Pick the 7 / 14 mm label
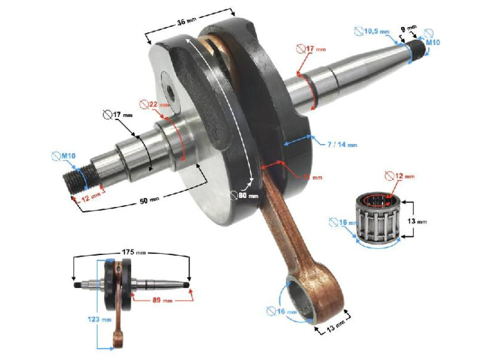(x=342, y=144)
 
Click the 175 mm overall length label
(x=131, y=253)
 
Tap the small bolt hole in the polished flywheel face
(x=171, y=91)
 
